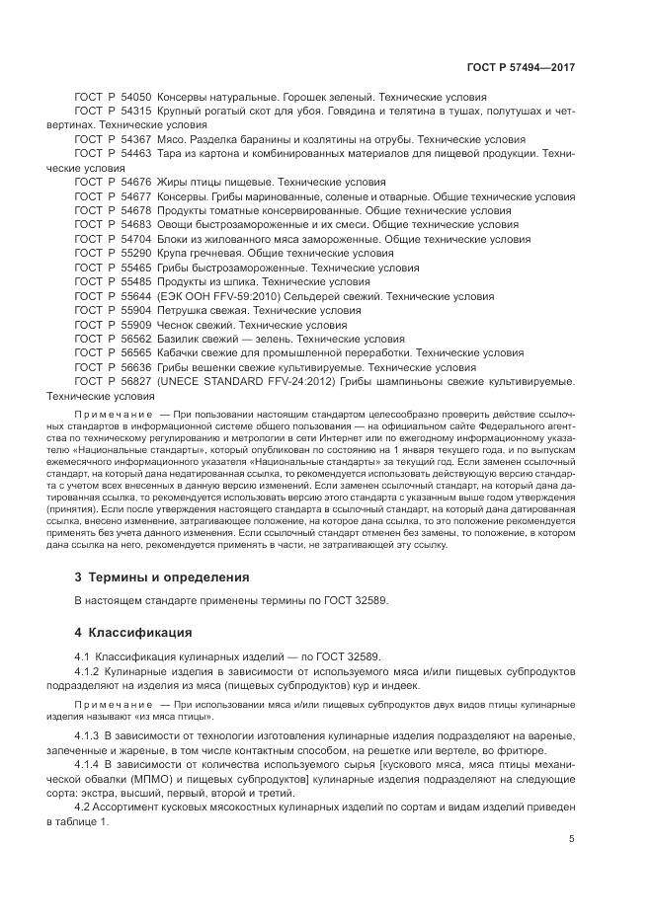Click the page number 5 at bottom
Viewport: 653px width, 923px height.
[x=572, y=868]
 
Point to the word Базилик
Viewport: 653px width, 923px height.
[x=183, y=339]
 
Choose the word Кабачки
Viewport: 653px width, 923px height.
[x=182, y=352]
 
